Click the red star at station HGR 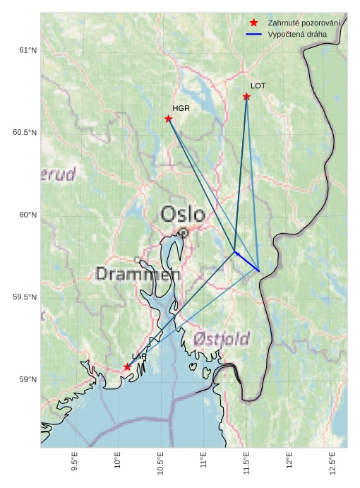[169, 119]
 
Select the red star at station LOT [246, 96]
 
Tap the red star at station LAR [127, 367]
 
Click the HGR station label [181, 108]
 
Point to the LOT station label [258, 85]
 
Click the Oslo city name [183, 213]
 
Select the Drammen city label [138, 274]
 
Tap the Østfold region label [222, 340]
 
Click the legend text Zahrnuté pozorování [304, 23]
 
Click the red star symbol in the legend [254, 23]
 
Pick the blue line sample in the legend [254, 34]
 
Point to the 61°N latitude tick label [27, 50]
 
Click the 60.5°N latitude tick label [24, 133]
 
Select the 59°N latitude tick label [27, 380]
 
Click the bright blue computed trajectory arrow [246, 261]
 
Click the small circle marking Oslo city [184, 232]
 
